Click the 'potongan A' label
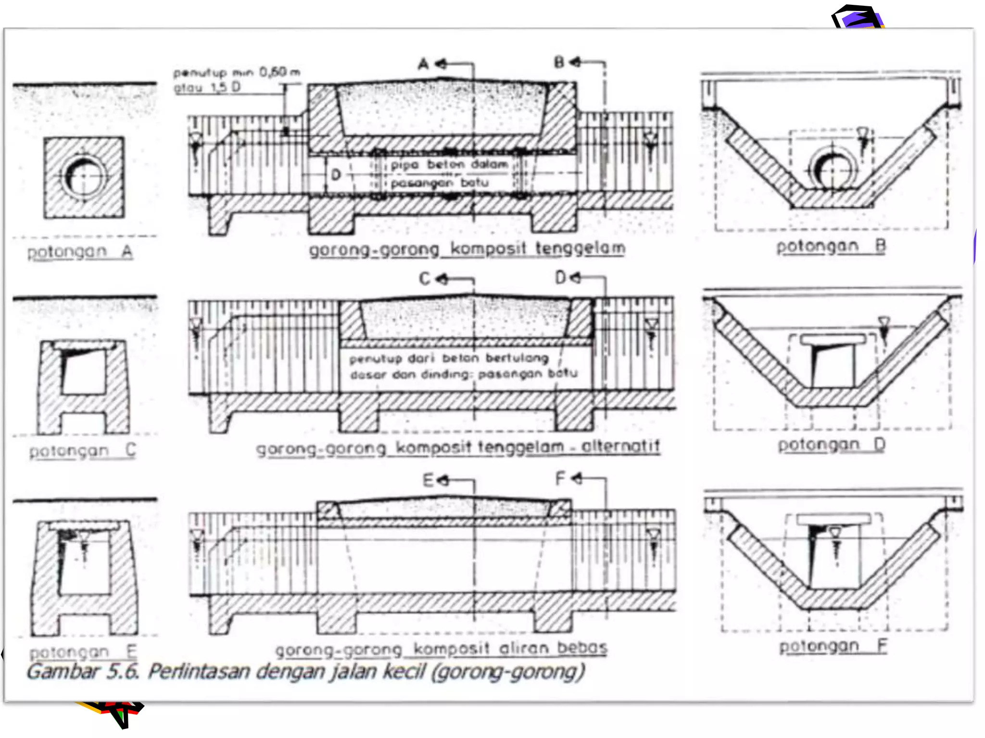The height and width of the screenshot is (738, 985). pos(80,251)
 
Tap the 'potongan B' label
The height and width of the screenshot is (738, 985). pos(831,246)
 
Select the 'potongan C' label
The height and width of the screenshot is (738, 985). pos(83,450)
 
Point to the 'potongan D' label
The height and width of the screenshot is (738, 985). pos(832,444)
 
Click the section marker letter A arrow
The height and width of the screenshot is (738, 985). pos(424,64)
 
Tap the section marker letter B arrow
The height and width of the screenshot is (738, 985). pos(559,62)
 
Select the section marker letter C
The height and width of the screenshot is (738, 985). pos(425,279)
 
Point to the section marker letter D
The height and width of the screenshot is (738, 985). pos(561,278)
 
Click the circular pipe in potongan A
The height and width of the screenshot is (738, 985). pos(84,176)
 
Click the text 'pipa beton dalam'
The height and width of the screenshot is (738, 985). pos(449,165)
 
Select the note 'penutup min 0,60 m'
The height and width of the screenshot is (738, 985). pos(237,73)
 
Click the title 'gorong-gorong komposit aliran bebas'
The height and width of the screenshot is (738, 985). pos(441,649)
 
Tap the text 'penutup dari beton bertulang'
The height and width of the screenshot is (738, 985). pos(449,358)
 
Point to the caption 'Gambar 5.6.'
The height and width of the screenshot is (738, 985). pos(83,671)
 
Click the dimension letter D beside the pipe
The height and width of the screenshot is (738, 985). pos(336,175)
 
